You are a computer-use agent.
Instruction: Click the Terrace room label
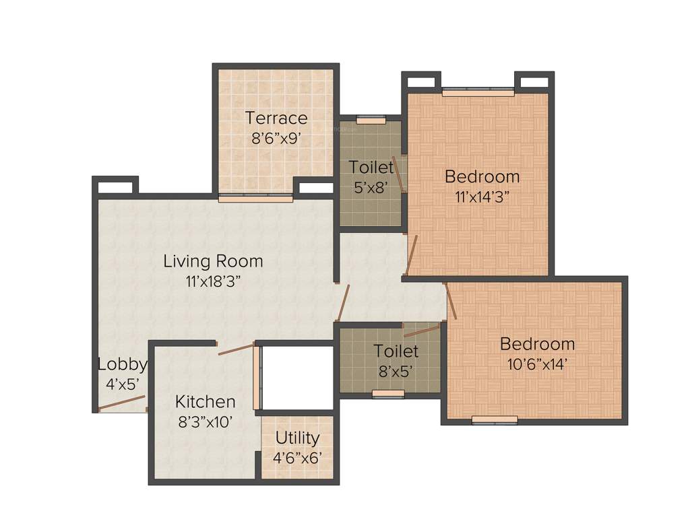276,118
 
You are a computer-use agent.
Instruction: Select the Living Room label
213,261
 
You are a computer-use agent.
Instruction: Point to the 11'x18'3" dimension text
213,281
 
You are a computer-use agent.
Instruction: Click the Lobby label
122,364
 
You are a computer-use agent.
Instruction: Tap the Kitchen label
205,402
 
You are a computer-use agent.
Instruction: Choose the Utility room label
297,438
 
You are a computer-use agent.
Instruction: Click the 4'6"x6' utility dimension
297,457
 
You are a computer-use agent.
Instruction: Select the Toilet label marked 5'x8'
371,167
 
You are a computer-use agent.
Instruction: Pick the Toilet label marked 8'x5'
396,351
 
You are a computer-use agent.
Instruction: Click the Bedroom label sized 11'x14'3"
482,176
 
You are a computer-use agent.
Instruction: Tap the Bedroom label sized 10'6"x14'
537,344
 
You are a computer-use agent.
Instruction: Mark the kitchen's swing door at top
236,348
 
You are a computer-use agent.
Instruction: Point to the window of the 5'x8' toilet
371,120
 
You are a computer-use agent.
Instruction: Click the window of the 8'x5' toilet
388,394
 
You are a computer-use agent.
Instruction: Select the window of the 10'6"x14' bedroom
495,420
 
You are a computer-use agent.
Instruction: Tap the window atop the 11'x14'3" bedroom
478,92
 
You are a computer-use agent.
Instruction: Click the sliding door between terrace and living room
255,198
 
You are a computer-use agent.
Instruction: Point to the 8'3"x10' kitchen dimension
205,422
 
